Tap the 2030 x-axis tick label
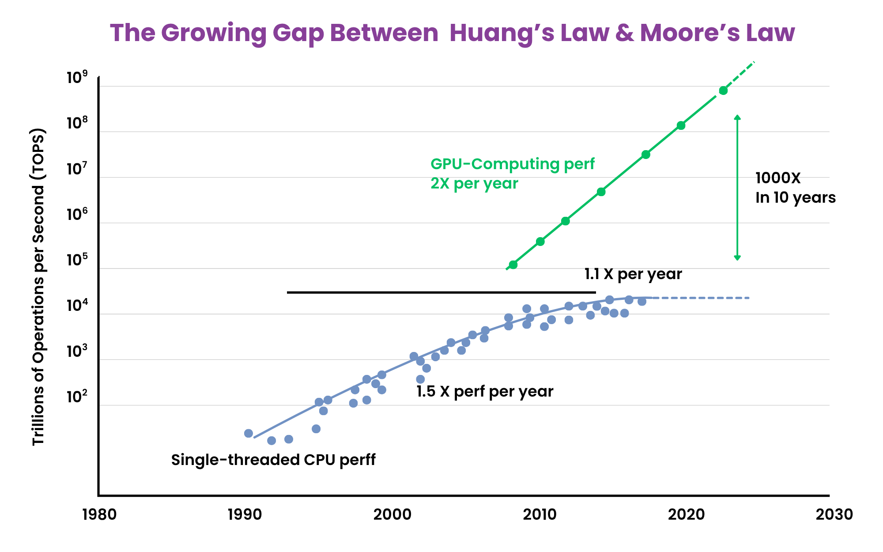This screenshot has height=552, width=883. pyautogui.click(x=834, y=515)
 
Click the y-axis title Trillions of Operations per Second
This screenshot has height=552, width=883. pyautogui.click(x=38, y=287)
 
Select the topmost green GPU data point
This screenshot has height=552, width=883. pyautogui.click(x=723, y=91)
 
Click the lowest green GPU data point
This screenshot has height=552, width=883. pyautogui.click(x=513, y=265)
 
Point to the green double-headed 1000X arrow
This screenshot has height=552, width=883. pyautogui.click(x=737, y=188)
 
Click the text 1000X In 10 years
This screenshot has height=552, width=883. pyautogui.click(x=795, y=188)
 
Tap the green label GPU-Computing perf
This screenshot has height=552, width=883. pyautogui.click(x=512, y=164)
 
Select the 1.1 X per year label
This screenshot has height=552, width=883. pyautogui.click(x=633, y=274)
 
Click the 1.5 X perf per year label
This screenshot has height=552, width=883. pyautogui.click(x=485, y=392)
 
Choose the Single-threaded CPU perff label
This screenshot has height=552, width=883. pyautogui.click(x=273, y=460)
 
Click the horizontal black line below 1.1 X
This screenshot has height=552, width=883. pyautogui.click(x=441, y=292)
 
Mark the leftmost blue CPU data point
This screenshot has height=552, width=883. pyautogui.click(x=249, y=433)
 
